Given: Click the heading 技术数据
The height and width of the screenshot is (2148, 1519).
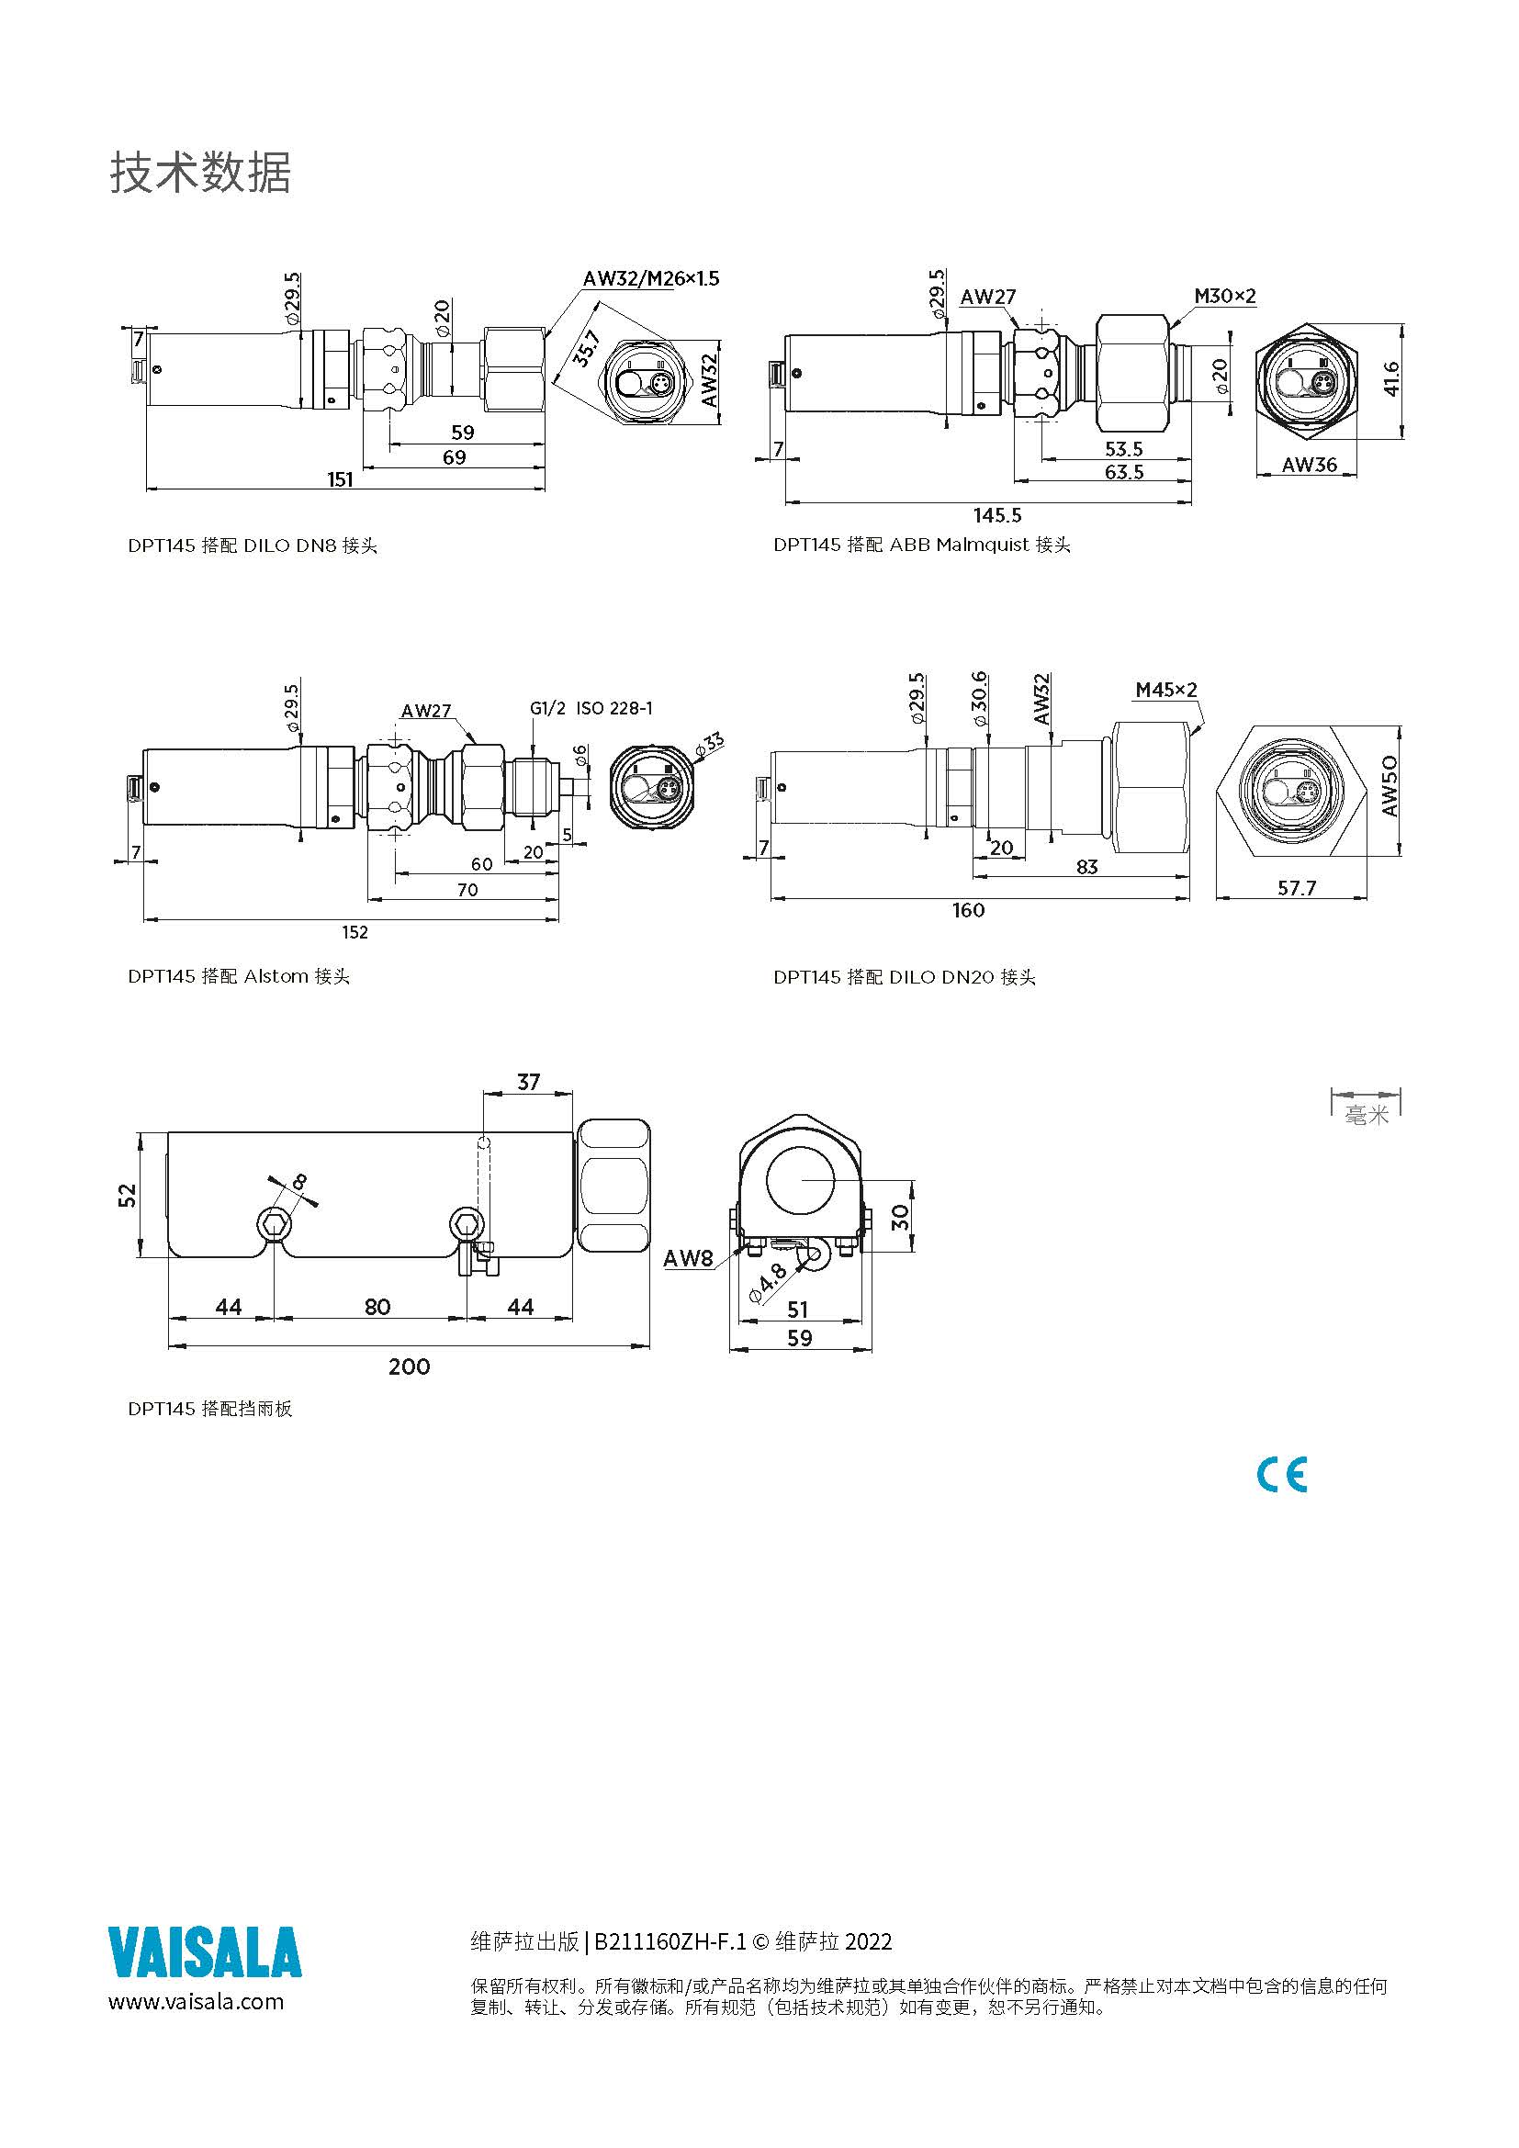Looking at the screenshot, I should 200,173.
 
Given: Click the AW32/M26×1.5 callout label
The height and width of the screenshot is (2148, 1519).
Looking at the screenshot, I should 650,278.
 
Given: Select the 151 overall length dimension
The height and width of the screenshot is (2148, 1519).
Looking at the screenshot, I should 340,479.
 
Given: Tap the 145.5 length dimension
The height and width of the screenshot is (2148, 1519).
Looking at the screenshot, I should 997,514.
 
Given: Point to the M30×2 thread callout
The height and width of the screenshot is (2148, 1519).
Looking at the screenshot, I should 1224,297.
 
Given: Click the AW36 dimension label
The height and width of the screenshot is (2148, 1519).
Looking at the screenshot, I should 1309,464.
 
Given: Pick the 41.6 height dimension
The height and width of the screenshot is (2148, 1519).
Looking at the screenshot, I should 1390,379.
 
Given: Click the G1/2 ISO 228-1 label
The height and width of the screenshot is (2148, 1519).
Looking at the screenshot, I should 591,708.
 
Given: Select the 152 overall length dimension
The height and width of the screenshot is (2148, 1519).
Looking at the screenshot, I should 354,932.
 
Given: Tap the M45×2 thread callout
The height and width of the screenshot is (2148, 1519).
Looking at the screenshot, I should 1165,690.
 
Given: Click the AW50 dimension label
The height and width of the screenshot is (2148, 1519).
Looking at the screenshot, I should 1389,786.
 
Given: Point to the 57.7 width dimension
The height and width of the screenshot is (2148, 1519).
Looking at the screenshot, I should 1297,887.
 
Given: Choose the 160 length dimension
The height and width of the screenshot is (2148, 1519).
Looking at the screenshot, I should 968,909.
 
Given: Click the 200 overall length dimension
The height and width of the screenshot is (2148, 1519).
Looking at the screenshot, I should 409,1366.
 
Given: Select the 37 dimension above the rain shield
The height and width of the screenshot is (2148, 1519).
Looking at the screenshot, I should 528,1082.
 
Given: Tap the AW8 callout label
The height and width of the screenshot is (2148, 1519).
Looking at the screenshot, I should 688,1258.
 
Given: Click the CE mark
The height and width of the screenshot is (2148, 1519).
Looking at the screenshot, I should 1281,1476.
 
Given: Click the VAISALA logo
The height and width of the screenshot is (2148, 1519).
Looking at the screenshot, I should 205,1952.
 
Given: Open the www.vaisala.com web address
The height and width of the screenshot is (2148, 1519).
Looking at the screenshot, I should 197,2001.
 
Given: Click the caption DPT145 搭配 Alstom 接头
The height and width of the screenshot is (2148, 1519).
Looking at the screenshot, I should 239,976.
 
